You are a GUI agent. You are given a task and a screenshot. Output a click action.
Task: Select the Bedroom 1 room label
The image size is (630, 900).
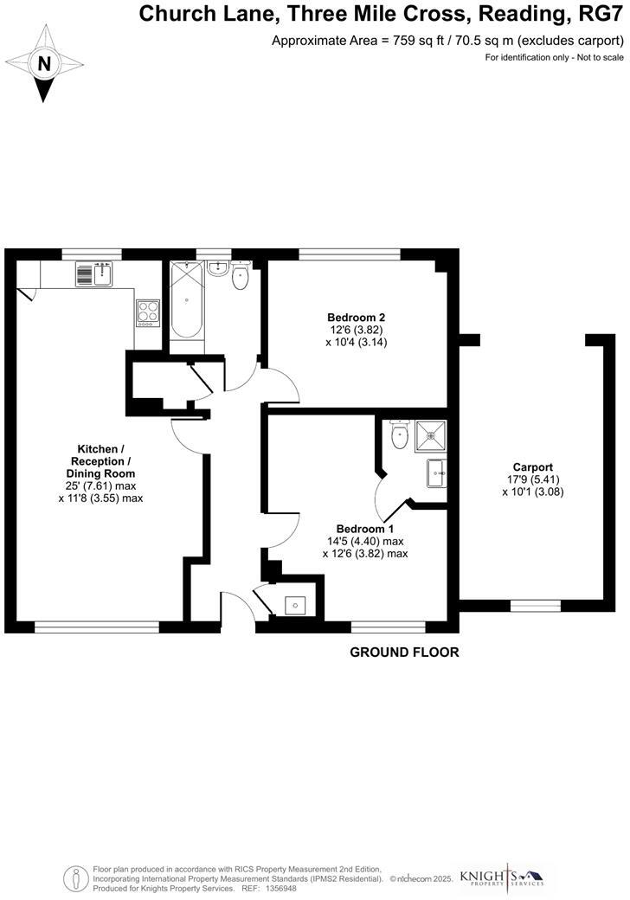(364, 529)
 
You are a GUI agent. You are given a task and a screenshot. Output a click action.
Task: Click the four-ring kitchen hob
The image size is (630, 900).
(147, 312)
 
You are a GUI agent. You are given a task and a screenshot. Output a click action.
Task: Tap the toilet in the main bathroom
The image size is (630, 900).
(240, 278)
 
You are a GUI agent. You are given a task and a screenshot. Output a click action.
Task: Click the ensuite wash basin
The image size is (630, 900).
(437, 473)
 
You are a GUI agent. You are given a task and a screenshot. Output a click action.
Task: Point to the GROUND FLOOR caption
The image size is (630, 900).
(404, 652)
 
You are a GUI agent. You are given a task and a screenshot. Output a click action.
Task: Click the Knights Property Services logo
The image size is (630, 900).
(502, 876)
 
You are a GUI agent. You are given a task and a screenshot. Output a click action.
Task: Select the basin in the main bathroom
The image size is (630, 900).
(217, 269)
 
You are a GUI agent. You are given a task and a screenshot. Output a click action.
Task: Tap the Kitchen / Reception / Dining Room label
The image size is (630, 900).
(100, 461)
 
